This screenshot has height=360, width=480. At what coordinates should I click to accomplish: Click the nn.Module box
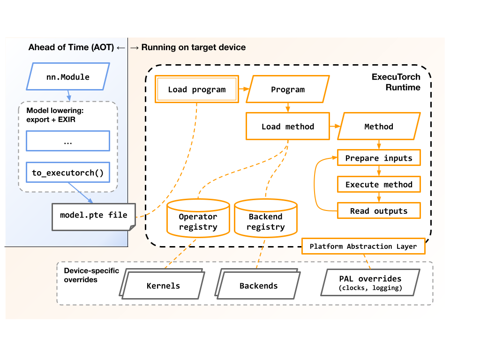(68, 76)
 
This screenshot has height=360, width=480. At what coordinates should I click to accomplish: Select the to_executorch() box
(68, 173)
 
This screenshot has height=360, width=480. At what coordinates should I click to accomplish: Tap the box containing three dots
(68, 141)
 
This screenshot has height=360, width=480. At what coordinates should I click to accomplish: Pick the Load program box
(197, 89)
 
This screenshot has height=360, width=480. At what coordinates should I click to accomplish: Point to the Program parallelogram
(288, 90)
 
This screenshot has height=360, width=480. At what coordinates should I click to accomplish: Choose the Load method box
(288, 126)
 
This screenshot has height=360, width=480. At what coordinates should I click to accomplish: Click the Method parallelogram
(379, 127)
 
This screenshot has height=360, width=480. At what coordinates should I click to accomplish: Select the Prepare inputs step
(379, 158)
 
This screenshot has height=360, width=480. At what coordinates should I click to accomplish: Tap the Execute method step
(379, 184)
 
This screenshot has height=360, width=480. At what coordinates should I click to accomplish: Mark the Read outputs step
(379, 211)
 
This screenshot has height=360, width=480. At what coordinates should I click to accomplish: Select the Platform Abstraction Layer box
(363, 246)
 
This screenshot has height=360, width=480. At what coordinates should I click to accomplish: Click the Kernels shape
(163, 285)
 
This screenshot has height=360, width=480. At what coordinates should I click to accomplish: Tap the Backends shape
(258, 285)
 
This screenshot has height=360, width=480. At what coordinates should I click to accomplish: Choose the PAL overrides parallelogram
(370, 283)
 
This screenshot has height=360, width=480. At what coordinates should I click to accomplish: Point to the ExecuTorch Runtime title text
(396, 82)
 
